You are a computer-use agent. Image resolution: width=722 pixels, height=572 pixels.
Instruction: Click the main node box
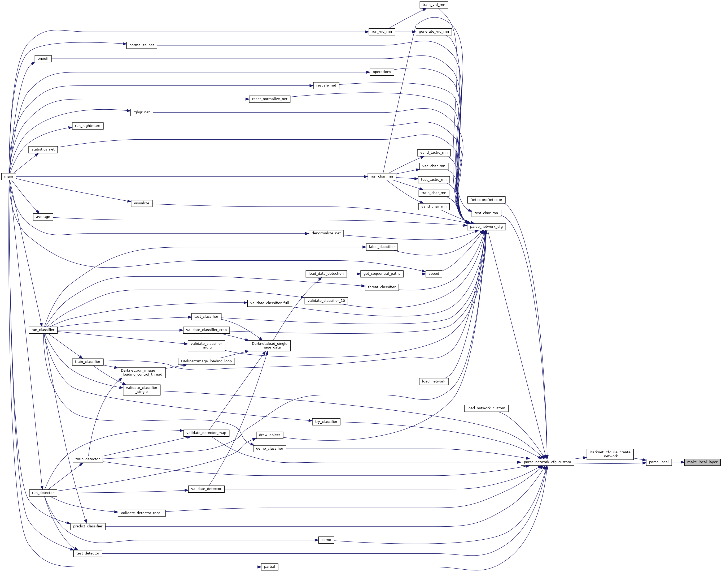(x=9, y=177)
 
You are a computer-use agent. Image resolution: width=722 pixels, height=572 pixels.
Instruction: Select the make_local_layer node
(x=702, y=462)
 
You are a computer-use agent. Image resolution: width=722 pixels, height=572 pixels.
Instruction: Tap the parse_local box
(x=659, y=462)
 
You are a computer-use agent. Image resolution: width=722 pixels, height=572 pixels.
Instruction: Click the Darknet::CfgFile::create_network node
(x=610, y=454)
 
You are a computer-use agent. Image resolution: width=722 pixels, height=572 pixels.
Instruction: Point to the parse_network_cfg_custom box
(x=547, y=462)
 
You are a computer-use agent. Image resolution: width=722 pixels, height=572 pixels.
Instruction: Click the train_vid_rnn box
(x=434, y=5)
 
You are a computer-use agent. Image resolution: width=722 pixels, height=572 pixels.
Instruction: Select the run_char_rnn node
(x=382, y=177)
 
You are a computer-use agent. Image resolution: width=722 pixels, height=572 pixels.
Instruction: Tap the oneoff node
(x=43, y=59)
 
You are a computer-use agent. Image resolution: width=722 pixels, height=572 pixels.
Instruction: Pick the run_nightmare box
(x=88, y=126)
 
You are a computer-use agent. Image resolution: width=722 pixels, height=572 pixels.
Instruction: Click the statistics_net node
(x=43, y=149)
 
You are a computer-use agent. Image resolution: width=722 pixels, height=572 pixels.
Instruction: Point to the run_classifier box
(x=43, y=330)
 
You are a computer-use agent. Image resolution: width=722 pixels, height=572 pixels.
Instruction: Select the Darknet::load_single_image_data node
(x=270, y=346)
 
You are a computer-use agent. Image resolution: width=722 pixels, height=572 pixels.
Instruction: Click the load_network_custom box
(x=486, y=408)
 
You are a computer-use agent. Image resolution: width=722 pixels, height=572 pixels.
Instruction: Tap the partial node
(x=270, y=567)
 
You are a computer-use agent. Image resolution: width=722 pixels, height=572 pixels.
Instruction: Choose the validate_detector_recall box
(x=142, y=513)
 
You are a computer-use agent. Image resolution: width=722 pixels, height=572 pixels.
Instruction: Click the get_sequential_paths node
(x=382, y=274)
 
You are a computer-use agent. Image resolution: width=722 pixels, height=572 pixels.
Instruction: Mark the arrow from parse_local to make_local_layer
(x=678, y=462)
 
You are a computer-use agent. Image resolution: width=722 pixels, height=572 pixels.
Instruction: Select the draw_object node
(x=270, y=435)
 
